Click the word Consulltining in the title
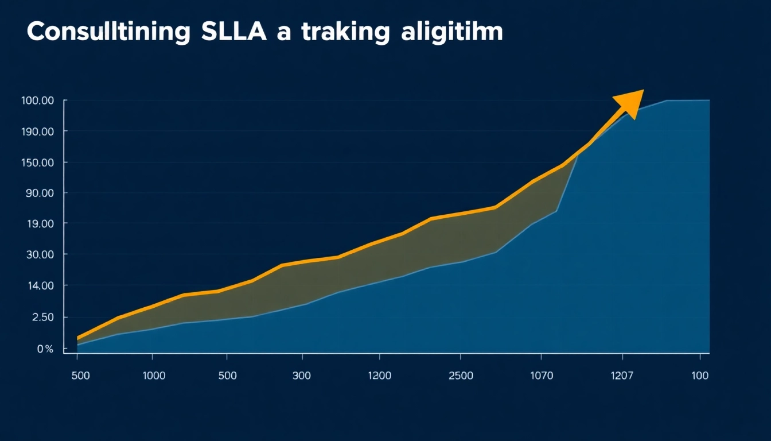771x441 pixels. (108, 33)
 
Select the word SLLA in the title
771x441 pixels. (234, 33)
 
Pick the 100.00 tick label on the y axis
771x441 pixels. (37, 101)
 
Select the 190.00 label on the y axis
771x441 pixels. (37, 131)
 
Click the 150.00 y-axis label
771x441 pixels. (37, 163)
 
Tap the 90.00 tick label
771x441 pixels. (40, 193)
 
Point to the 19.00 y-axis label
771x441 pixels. (40, 223)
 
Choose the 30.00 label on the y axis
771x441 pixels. (40, 254)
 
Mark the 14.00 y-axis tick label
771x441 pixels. (40, 286)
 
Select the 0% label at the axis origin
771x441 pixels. (45, 349)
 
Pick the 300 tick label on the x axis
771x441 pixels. (301, 376)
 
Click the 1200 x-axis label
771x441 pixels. (379, 376)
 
